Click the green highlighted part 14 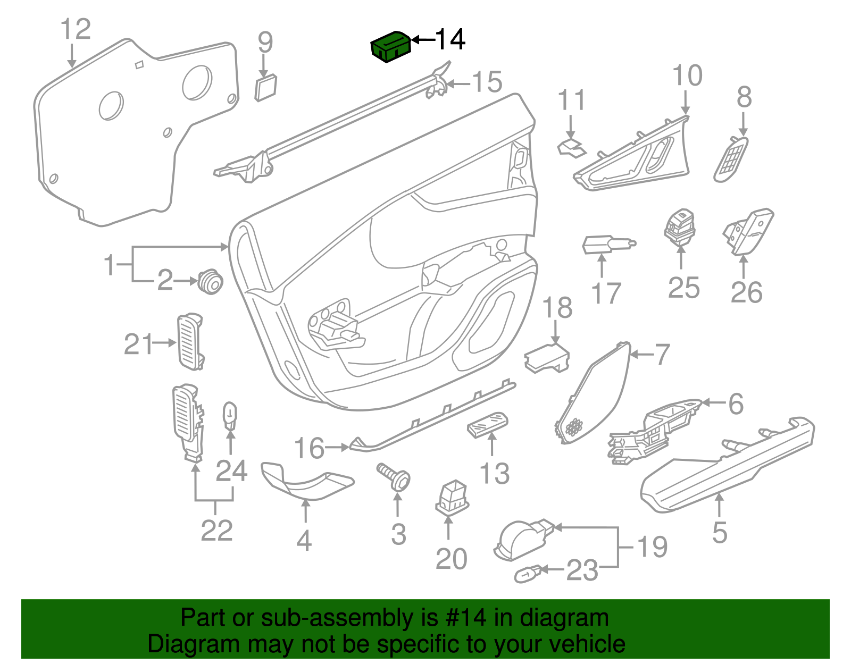390,46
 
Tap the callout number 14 450,39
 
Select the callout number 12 76,29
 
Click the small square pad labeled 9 266,88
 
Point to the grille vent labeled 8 731,159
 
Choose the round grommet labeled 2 210,282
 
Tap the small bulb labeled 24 230,417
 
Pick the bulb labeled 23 529,574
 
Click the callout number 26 746,292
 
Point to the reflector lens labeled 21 190,341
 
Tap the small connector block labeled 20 452,498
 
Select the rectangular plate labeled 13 488,423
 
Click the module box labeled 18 546,357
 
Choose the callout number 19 652,547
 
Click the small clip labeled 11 570,147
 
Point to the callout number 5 719,532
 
